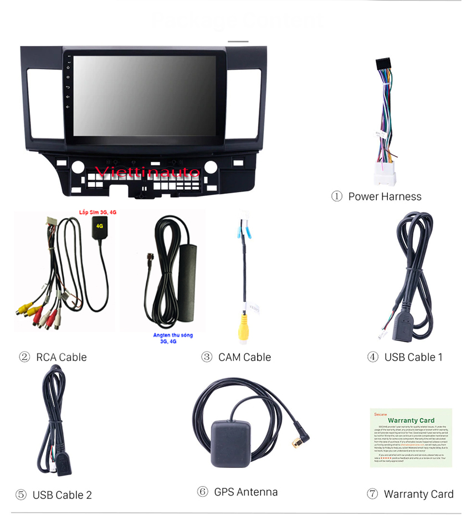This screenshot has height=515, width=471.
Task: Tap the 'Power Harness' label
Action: click(x=385, y=197)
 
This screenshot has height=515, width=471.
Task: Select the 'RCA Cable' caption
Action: click(x=61, y=357)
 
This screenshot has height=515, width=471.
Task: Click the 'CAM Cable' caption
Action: click(x=244, y=357)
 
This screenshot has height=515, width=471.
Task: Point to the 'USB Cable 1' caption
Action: click(x=413, y=357)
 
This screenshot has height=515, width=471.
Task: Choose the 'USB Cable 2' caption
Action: click(x=62, y=495)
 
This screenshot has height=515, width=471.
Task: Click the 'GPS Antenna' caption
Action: click(x=245, y=492)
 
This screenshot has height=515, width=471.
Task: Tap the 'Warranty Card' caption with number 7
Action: click(x=418, y=494)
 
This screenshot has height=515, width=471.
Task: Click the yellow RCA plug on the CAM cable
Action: click(x=244, y=330)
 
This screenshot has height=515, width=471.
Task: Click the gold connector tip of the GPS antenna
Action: click(x=297, y=442)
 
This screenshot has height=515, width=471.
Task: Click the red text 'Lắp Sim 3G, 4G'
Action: click(x=98, y=212)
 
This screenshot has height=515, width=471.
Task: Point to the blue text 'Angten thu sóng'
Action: click(x=173, y=335)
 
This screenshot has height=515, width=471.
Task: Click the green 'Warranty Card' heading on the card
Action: click(x=411, y=420)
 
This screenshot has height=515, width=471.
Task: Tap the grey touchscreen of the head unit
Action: click(x=144, y=95)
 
